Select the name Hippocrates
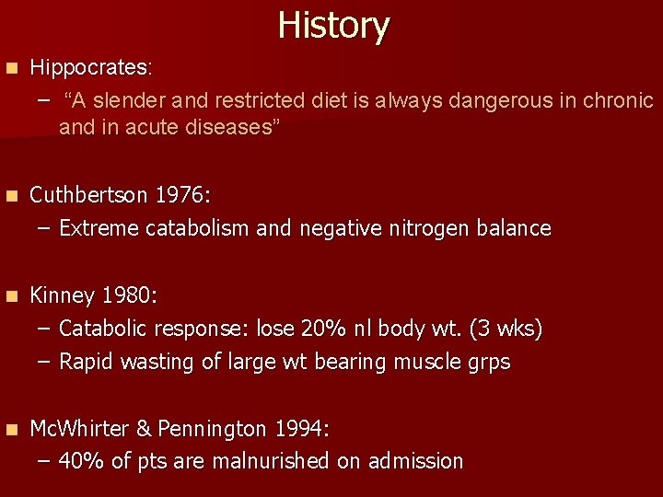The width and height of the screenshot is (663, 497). [x=90, y=68]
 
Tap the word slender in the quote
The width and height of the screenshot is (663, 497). [x=135, y=99]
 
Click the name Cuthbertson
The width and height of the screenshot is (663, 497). [x=88, y=195]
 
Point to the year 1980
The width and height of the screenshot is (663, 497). [x=128, y=295]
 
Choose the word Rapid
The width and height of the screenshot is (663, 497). [x=87, y=362]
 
